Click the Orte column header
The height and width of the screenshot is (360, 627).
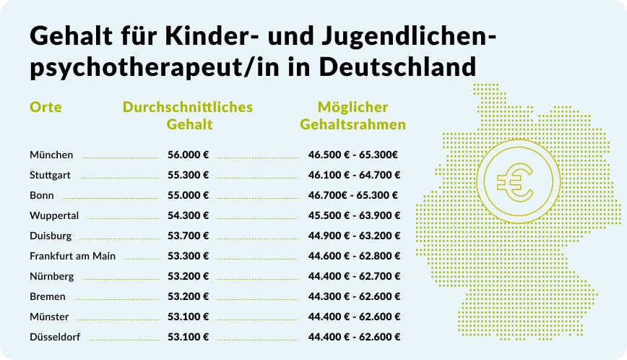[46, 107]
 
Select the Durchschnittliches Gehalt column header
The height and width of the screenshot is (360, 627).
[188, 116]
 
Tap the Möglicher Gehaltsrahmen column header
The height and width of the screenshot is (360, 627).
[353, 116]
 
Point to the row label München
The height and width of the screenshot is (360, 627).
[51, 155]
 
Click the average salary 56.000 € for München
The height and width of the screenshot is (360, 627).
[188, 155]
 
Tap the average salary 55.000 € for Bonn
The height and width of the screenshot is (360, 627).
[188, 195]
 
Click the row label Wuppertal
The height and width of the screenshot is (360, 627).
[54, 215]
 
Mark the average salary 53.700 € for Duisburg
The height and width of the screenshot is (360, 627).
[188, 236]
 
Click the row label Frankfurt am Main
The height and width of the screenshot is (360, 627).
[73, 256]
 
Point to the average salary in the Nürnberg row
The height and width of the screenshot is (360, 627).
[188, 276]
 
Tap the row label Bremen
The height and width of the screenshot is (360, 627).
[48, 296]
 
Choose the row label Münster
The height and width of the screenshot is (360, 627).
[50, 317]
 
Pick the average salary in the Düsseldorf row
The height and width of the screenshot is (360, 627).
[188, 337]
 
